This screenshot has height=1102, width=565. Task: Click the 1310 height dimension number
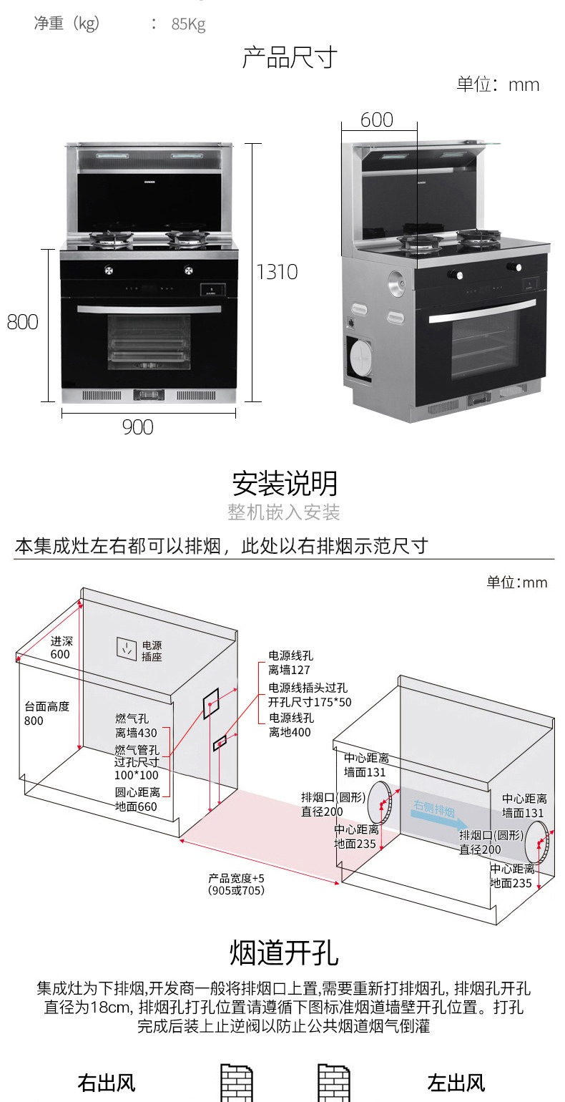click(x=277, y=272)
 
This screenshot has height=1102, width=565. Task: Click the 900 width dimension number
click(x=138, y=427)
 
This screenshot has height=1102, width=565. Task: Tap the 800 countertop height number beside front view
click(x=23, y=322)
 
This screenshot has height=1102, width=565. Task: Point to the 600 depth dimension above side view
click(x=377, y=120)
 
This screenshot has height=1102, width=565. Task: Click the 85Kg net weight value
click(x=188, y=24)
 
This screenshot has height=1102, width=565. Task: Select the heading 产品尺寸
click(x=290, y=57)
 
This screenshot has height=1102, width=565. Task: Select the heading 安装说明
click(x=285, y=483)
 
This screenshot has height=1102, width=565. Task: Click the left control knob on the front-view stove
click(x=109, y=270)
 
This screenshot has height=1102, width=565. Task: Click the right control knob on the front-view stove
click(x=188, y=270)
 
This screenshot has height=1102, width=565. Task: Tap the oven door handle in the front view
click(x=149, y=309)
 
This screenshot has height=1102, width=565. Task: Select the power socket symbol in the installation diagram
click(x=127, y=648)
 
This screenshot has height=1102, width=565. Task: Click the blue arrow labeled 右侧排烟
click(x=440, y=816)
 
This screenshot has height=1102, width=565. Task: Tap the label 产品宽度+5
click(x=236, y=878)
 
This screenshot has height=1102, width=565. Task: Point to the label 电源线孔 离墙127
click(x=290, y=663)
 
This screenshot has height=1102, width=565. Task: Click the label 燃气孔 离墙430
click(x=136, y=726)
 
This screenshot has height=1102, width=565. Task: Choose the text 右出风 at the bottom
click(x=107, y=1083)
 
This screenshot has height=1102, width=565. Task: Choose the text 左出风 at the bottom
click(x=456, y=1083)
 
